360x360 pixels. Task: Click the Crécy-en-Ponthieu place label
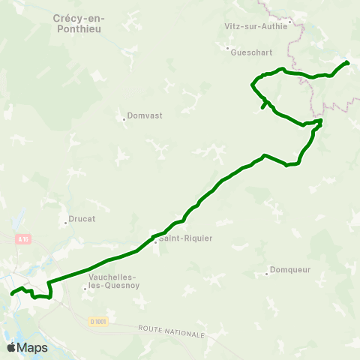click(x=78, y=22)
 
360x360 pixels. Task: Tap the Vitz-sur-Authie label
click(x=255, y=25)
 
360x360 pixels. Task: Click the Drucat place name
click(x=81, y=221)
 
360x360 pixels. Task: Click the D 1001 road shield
click(x=98, y=321)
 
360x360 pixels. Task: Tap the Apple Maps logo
click(x=27, y=347)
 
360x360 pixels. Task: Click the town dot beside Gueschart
click(x=228, y=49)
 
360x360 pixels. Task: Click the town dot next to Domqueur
click(x=268, y=274)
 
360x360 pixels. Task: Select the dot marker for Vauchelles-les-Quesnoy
click(x=85, y=287)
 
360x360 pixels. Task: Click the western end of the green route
click(x=12, y=294)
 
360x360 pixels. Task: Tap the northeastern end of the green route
click(x=348, y=62)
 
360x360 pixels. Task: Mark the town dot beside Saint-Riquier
click(x=155, y=241)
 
